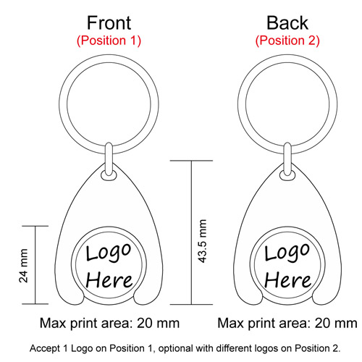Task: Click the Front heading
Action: point(109,23)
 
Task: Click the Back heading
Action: point(287,23)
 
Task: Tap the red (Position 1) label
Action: point(109,41)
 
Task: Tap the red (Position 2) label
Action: point(287,41)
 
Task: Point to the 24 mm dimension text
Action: point(23,266)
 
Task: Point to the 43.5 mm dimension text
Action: point(202,241)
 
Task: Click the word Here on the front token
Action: point(109,280)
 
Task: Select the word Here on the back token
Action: point(287,280)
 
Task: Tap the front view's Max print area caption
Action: point(109,323)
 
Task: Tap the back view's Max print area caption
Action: point(287,323)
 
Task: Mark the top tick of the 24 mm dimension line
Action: point(35,226)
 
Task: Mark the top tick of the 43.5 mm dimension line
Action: point(191,161)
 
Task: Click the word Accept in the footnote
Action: point(45,348)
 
